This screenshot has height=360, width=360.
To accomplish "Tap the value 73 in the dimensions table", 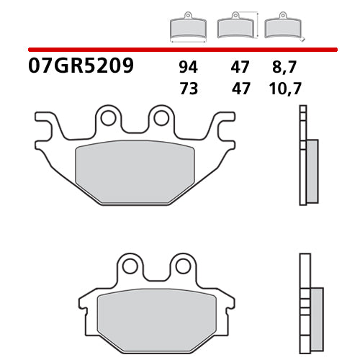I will pyautogui.click(x=189, y=89).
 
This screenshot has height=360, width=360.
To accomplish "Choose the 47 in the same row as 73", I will pyautogui.click(x=240, y=89).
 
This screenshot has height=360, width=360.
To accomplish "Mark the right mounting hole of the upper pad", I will pyautogui.click(x=161, y=117).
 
